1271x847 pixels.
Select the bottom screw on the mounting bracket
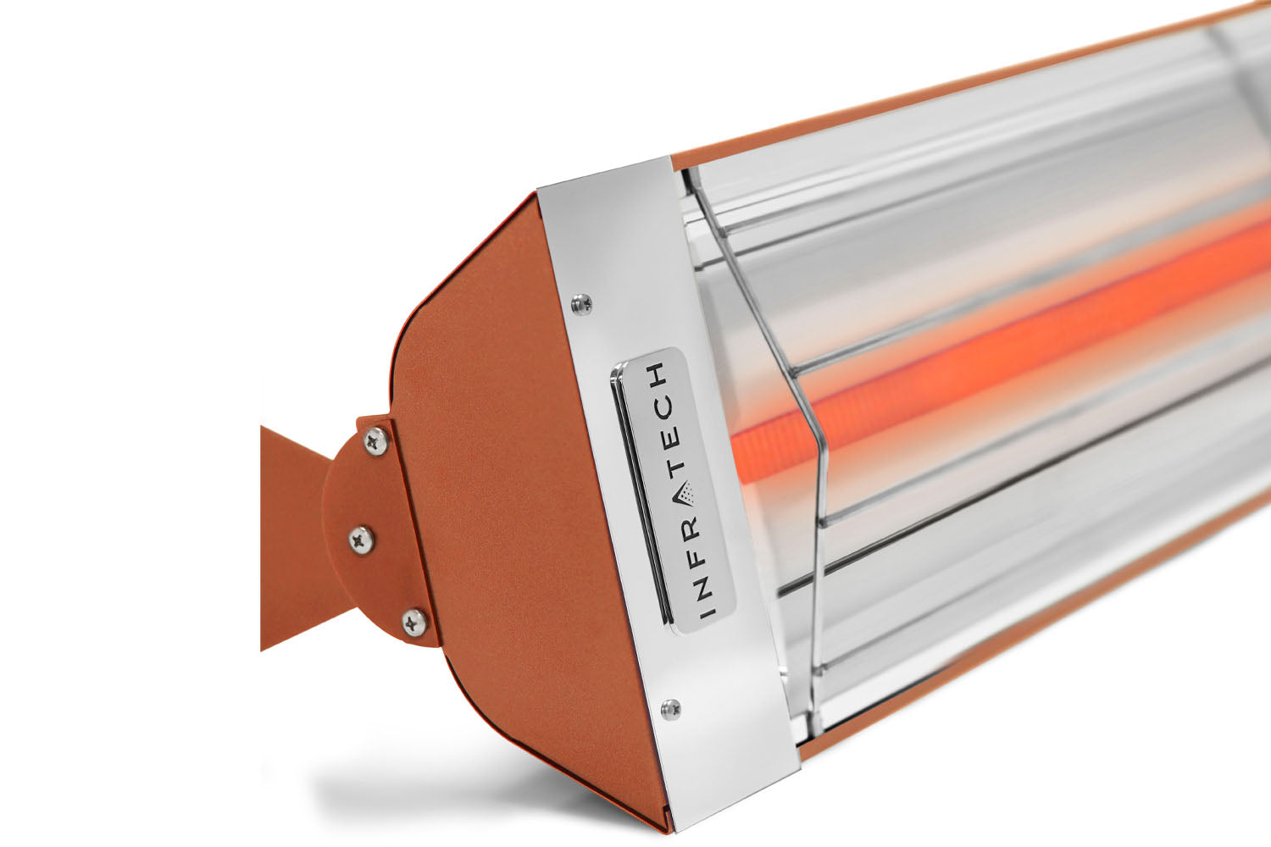click(x=414, y=623)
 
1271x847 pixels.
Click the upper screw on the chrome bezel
click(x=580, y=303)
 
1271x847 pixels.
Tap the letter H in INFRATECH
click(x=660, y=373)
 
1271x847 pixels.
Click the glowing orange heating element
click(x=974, y=339)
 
